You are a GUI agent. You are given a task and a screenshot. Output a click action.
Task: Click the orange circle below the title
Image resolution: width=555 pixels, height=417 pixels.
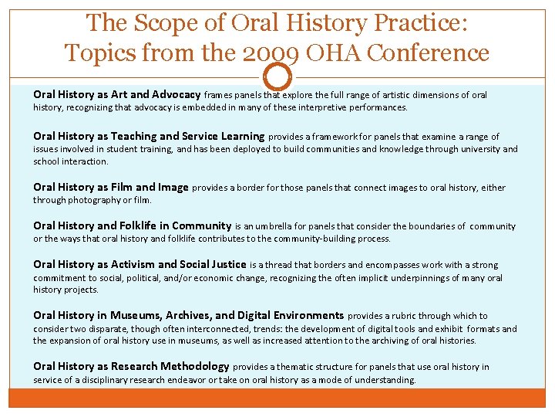point(277,78)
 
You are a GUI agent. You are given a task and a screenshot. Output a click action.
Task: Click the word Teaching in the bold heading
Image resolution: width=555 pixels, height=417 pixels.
point(129,136)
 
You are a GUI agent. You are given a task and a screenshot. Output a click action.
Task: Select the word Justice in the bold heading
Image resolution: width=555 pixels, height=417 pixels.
point(226,264)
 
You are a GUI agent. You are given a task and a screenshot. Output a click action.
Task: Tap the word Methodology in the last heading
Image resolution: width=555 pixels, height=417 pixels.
point(193,366)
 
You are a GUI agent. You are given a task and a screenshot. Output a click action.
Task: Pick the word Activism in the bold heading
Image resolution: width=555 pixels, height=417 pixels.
point(129,264)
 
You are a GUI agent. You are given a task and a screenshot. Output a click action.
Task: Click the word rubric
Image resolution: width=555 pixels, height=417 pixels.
point(412,316)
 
